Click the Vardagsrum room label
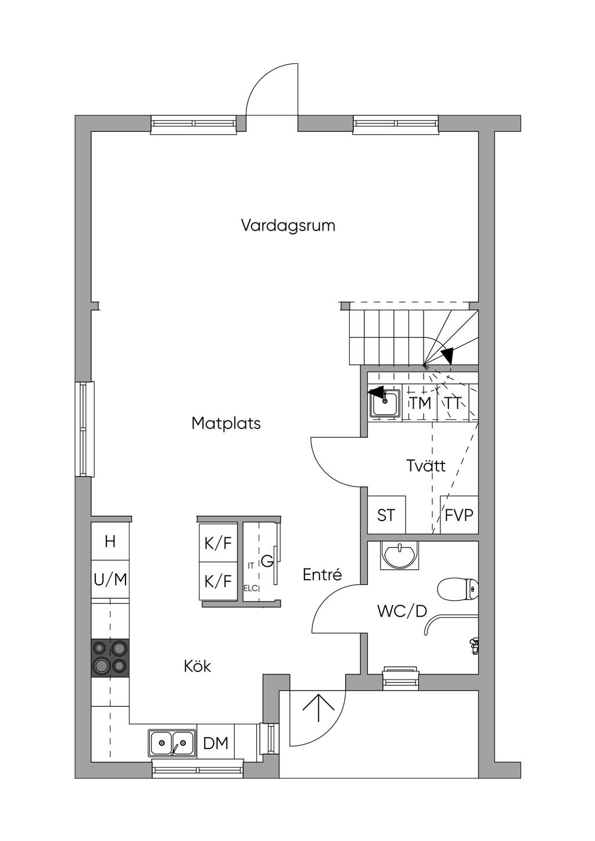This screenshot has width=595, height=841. click(288, 226)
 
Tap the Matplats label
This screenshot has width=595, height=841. click(226, 423)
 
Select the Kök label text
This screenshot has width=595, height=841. click(198, 666)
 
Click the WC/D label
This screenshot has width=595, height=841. click(402, 612)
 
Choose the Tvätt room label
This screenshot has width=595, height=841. click(426, 466)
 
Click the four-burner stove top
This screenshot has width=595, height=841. click(110, 657)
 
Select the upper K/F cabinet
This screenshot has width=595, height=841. click(218, 542)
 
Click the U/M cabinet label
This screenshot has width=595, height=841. click(110, 580)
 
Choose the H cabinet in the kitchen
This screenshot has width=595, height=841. click(110, 542)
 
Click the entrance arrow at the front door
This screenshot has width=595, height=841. click(318, 708)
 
